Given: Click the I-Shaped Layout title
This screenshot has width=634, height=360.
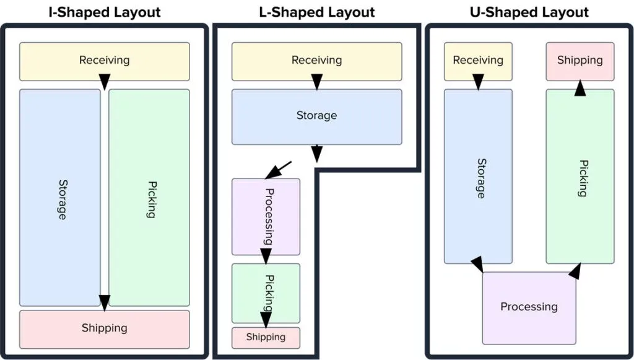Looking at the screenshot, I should click(x=104, y=12).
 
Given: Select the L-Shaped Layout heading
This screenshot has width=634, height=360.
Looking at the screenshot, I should click(x=316, y=12).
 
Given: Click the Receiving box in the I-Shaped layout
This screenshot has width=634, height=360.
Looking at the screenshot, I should click(x=104, y=61).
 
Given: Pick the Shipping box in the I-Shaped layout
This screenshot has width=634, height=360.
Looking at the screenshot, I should click(x=104, y=328).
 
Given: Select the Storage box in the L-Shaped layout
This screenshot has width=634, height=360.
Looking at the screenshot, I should click(x=316, y=116).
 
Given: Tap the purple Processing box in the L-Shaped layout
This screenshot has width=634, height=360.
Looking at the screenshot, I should click(x=266, y=216).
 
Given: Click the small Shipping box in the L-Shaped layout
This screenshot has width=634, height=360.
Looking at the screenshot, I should click(x=266, y=337).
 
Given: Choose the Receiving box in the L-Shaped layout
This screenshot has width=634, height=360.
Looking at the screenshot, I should click(x=316, y=61).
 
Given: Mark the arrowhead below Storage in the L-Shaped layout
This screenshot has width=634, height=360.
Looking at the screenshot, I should click(x=316, y=152).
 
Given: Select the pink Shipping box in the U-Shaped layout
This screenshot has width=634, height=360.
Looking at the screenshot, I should click(x=580, y=61).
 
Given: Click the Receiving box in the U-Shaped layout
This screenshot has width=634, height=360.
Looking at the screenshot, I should click(x=478, y=61).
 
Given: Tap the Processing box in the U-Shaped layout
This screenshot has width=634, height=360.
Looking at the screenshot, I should click(x=529, y=307).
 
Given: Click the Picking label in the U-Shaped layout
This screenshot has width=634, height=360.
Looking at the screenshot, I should click(x=582, y=178).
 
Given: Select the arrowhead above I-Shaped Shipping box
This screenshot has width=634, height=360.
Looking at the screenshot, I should click(x=105, y=302).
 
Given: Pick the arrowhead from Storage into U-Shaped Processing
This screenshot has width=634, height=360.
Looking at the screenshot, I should click(x=477, y=265).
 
